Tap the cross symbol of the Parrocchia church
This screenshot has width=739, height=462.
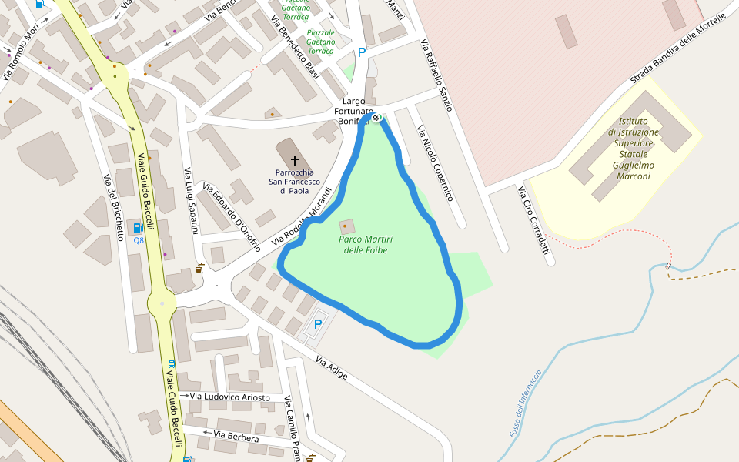pos(294,160)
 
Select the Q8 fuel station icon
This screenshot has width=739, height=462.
pos(139,228)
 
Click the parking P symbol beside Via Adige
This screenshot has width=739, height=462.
pos(317,325)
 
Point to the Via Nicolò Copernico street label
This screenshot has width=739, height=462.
pos(435,163)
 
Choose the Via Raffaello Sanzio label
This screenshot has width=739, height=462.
pos(435,75)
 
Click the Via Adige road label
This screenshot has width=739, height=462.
pos(332,369)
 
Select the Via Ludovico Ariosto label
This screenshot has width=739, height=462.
pos(230,397)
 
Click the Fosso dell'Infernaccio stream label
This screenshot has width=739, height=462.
pos(526,404)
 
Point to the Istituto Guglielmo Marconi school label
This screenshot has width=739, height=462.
pos(632,149)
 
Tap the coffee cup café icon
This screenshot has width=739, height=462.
pos(199,269)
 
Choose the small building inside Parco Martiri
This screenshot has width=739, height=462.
pos(347,227)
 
